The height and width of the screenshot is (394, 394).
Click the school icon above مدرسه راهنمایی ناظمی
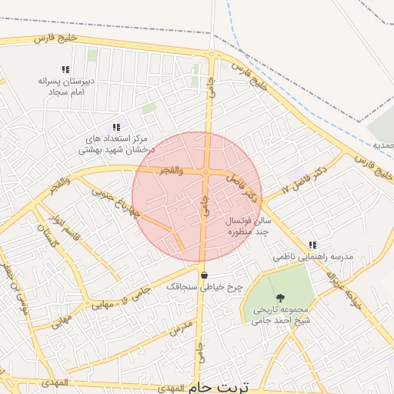coord(312,245)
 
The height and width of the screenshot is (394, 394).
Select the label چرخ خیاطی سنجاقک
coord(205,286)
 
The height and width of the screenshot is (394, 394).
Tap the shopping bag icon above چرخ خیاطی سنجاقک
coord(204,274)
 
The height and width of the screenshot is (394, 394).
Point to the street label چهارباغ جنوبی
coord(115,201)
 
